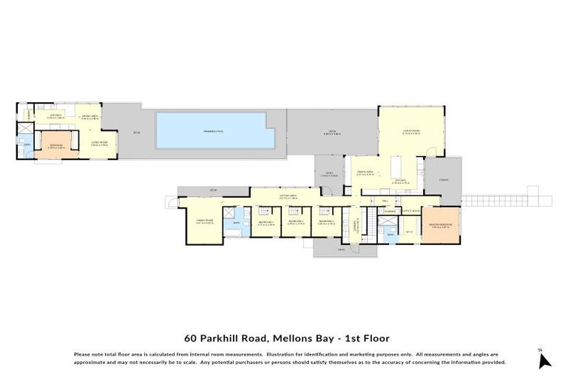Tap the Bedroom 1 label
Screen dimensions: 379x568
266,223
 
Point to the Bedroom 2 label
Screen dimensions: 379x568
297,223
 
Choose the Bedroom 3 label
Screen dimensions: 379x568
327,223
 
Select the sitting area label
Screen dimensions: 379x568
288,197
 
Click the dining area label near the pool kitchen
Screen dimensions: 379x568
89,117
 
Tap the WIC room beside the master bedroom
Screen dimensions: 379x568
409,230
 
